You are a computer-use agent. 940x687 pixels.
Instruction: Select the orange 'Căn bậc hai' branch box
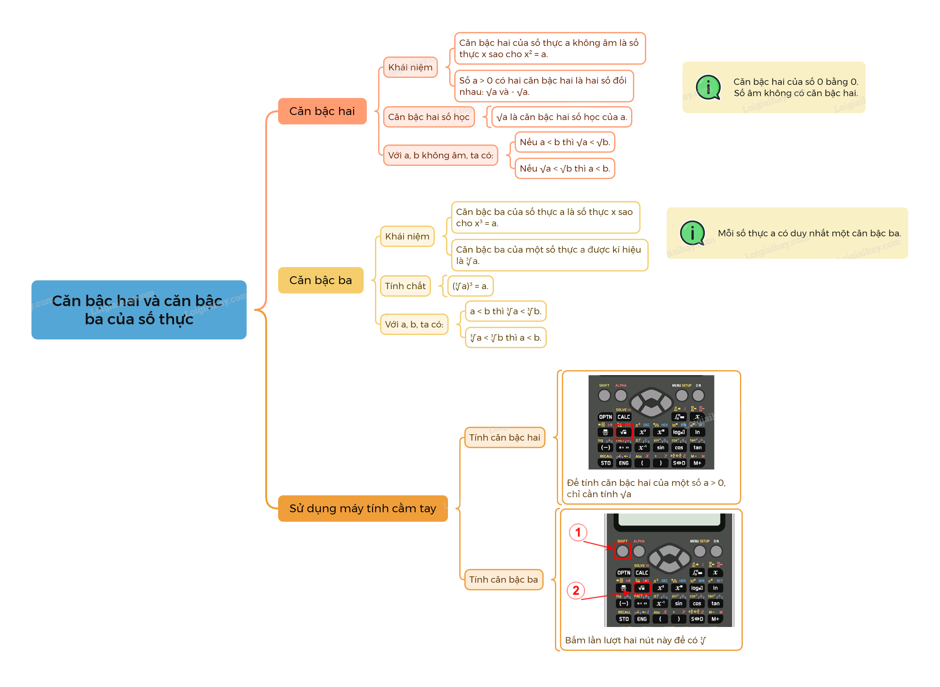322,111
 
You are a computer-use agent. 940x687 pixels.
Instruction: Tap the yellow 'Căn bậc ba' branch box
321,280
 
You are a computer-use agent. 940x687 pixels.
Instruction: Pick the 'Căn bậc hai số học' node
428,117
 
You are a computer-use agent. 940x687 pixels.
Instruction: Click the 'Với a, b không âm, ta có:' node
440,155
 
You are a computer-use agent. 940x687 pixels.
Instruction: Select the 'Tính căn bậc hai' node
504,437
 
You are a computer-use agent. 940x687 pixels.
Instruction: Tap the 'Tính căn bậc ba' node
503,579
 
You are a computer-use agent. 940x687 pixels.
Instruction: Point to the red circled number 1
578,532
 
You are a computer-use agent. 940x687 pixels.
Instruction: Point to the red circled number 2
576,590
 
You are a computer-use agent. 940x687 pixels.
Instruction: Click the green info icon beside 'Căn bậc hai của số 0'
708,87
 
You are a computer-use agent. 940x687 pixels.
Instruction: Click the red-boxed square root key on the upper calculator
623,432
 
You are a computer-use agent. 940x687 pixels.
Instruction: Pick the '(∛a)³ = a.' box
470,286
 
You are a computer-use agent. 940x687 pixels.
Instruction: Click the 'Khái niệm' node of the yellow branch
407,236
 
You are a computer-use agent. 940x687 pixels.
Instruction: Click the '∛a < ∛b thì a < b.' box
505,337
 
